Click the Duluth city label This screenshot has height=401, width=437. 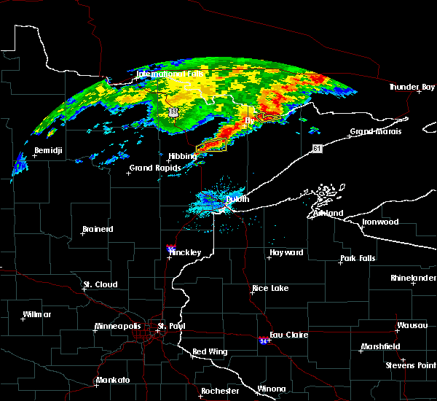pyautogui.click(x=237, y=199)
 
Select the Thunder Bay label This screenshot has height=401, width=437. pyautogui.click(x=412, y=87)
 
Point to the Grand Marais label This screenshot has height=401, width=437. pyautogui.click(x=373, y=132)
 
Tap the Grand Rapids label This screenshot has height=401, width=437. pyautogui.click(x=151, y=168)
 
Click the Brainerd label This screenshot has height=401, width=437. pyautogui.click(x=98, y=229)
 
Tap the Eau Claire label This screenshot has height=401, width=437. pyautogui.click(x=289, y=335)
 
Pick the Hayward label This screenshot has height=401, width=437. pyautogui.click(x=286, y=252)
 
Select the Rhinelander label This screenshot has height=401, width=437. pyautogui.click(x=413, y=278)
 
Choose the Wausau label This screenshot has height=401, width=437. pyautogui.click(x=412, y=325)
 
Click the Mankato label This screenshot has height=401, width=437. pyautogui.click(x=112, y=380)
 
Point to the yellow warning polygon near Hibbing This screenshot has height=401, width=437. pyautogui.click(x=212, y=146)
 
